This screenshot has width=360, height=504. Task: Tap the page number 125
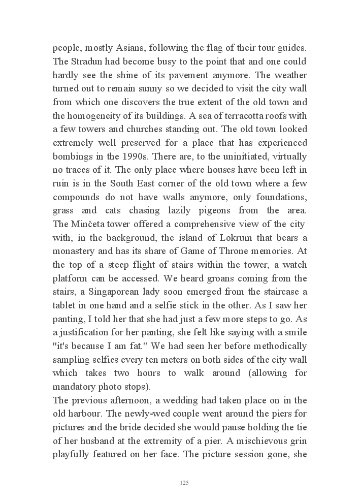pyautogui.click(x=185, y=483)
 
